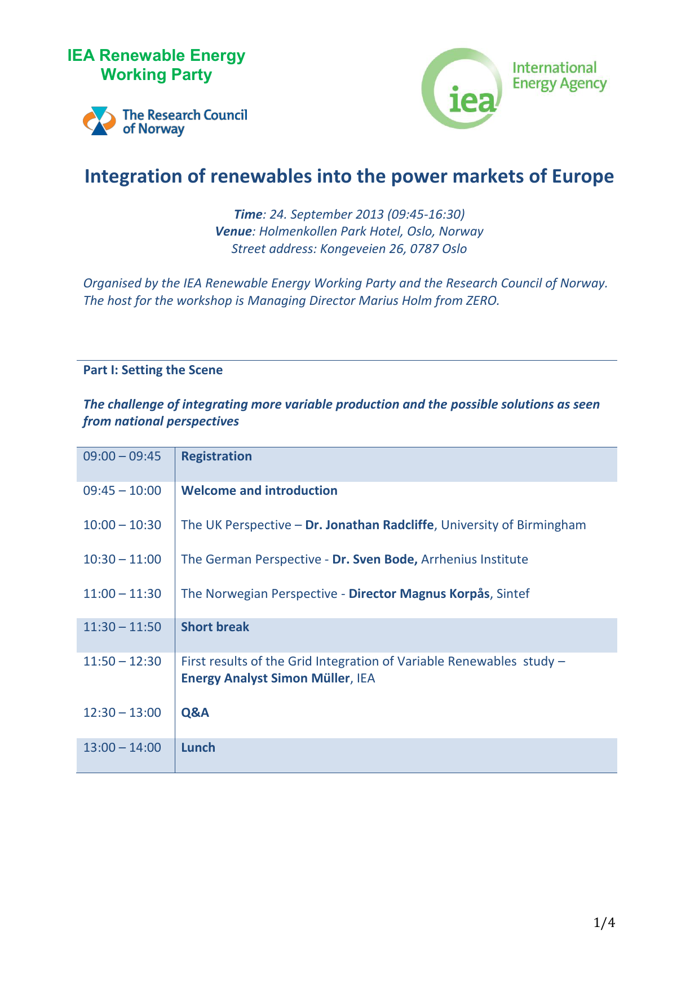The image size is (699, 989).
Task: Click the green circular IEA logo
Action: click(462, 88)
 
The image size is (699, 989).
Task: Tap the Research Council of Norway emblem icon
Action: click(99, 121)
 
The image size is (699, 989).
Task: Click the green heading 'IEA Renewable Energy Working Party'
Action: click(156, 65)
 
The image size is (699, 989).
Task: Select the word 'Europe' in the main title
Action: click(582, 176)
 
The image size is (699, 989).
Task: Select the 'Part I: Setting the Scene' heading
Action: click(153, 370)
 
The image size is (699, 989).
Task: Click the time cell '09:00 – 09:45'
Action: click(122, 456)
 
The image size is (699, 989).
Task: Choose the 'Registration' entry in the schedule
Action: click(216, 456)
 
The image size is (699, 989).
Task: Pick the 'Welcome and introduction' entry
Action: click(259, 490)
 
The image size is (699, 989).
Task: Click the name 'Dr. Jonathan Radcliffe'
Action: click(369, 525)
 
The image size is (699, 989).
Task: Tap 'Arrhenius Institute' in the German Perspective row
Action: click(475, 559)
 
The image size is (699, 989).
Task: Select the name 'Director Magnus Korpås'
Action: click(419, 593)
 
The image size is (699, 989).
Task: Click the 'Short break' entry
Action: click(215, 627)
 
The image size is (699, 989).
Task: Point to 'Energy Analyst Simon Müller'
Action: click(266, 678)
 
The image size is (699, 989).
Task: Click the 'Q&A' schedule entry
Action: click(195, 712)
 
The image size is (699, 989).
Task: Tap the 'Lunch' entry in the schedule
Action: click(198, 747)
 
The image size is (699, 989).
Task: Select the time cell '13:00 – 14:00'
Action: click(122, 747)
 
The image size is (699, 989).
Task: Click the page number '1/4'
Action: click(604, 923)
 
